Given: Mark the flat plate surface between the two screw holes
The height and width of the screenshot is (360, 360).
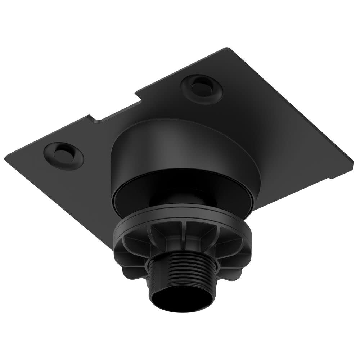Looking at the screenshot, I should [x=133, y=119].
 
